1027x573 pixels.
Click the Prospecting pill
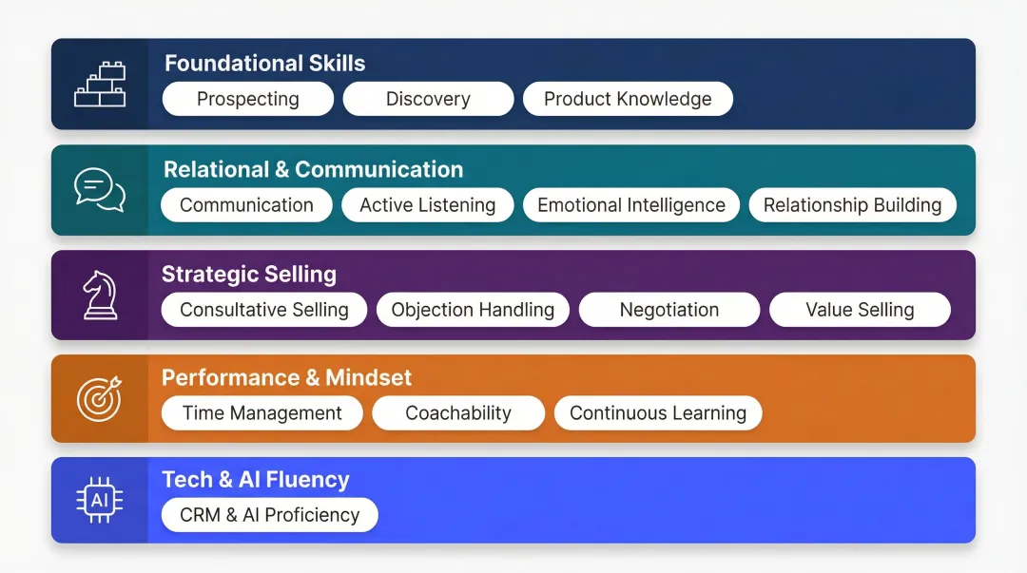pos(248,99)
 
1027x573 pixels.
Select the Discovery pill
pos(428,99)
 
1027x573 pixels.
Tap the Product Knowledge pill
pos(628,99)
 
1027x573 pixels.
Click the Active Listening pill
pos(428,205)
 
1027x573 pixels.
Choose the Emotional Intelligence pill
pos(631,205)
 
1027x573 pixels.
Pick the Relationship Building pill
pos(852,205)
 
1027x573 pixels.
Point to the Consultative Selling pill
pos(264,310)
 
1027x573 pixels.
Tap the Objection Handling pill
pos(473,310)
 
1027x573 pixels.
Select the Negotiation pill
pos(669,310)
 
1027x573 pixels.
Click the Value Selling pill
pos(860,310)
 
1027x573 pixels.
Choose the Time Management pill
pos(262,413)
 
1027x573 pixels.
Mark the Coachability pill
pos(458,413)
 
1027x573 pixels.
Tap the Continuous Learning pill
pos(658,413)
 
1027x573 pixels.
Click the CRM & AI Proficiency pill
pos(270,515)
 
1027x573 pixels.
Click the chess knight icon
pos(99,295)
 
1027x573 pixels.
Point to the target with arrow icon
pos(99,398)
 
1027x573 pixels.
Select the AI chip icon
pos(99,501)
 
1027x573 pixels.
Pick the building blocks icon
pos(100,85)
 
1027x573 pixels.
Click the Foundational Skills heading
pos(264,64)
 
